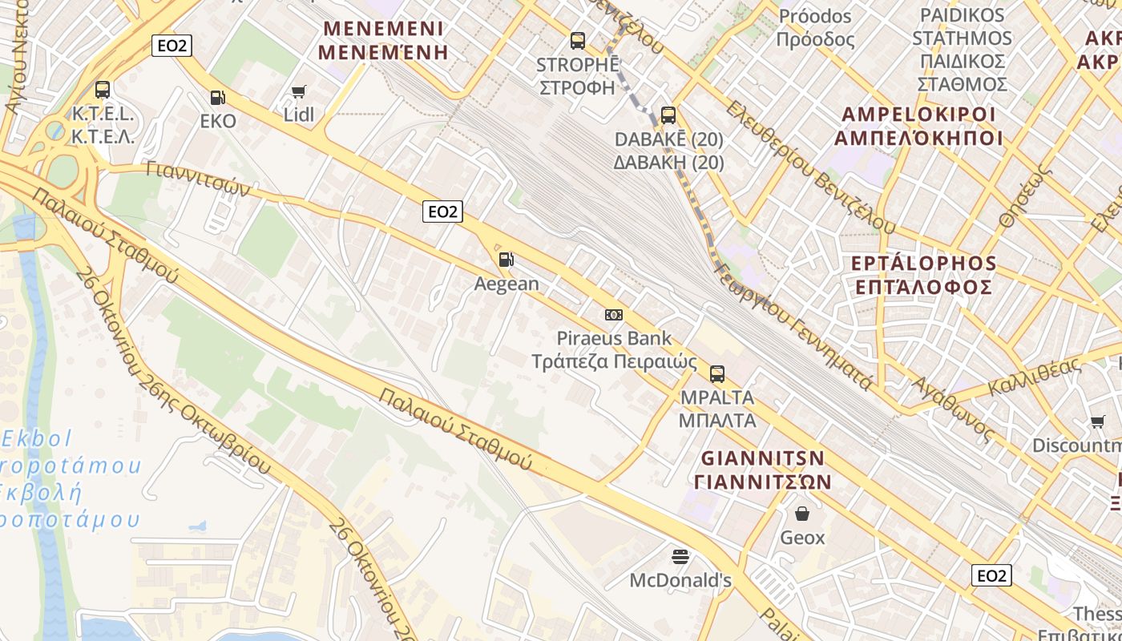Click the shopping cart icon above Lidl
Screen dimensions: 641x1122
click(299, 92)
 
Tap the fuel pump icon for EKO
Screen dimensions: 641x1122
click(217, 98)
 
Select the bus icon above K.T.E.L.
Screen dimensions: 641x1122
click(103, 90)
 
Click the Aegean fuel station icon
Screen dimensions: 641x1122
click(506, 260)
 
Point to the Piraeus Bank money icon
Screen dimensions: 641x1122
click(614, 315)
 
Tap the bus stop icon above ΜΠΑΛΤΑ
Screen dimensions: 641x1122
click(717, 374)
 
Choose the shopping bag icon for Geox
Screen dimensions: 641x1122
click(802, 514)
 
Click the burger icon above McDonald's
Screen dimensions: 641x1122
click(680, 556)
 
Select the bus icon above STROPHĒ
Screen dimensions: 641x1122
click(577, 41)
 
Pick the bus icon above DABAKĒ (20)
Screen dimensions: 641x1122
click(668, 115)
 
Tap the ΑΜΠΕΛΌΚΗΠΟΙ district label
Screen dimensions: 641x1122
click(918, 138)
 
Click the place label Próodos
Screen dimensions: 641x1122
click(815, 16)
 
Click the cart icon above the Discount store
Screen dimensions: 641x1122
click(1097, 421)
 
